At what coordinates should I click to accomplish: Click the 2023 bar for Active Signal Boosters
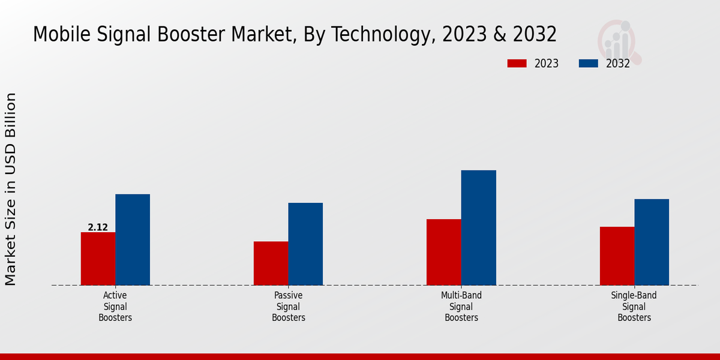point(98,259)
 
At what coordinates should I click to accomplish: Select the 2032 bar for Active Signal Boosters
point(133,239)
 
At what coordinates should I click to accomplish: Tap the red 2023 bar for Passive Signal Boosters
point(271,263)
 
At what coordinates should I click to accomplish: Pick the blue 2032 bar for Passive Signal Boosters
point(305,244)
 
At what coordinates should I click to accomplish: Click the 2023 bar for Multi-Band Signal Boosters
point(444,252)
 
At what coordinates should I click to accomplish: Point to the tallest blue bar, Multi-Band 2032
point(479,227)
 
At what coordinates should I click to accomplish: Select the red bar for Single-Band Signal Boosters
point(617,256)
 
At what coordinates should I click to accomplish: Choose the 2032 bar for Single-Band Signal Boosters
point(652,242)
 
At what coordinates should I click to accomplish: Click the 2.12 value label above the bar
point(98,227)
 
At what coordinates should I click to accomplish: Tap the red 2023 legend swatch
point(517,64)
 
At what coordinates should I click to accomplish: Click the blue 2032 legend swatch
point(589,64)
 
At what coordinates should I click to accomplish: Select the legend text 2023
point(547,64)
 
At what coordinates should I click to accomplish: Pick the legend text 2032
point(618,64)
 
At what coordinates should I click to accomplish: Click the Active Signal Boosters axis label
point(115,307)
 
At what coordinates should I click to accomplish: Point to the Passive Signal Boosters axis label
point(289,307)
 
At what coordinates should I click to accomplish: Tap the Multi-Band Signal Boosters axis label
point(461,307)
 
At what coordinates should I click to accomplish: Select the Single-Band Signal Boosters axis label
point(634,307)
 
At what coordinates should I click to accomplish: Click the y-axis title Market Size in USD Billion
point(11,189)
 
